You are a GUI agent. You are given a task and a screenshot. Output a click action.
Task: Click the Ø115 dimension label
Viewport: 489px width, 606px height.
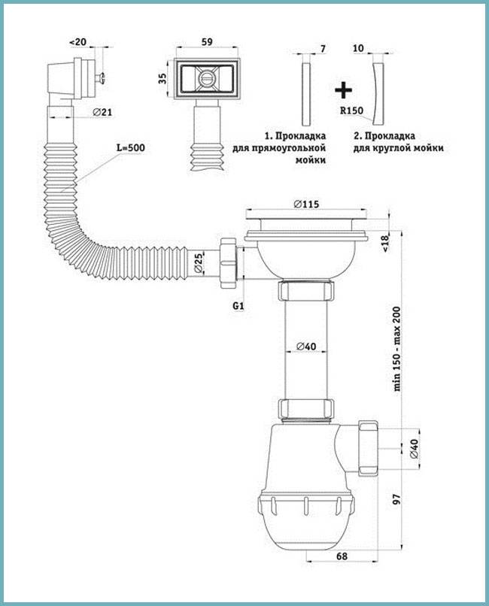coord(305,204)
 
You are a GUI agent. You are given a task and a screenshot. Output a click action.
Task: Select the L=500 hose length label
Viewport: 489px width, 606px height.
coord(131,147)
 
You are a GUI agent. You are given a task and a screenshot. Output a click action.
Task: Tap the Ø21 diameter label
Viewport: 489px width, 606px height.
coord(102,113)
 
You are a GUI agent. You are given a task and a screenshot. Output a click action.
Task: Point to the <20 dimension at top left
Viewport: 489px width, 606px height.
coord(77,42)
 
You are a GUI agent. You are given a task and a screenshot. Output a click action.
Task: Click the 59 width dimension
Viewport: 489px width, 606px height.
coord(207,42)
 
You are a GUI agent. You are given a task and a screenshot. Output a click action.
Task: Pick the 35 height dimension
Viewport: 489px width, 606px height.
coord(162,78)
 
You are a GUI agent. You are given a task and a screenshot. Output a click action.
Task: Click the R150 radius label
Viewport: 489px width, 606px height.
coord(351,111)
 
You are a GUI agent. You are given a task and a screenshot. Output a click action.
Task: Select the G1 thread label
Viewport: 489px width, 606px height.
coord(238,306)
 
